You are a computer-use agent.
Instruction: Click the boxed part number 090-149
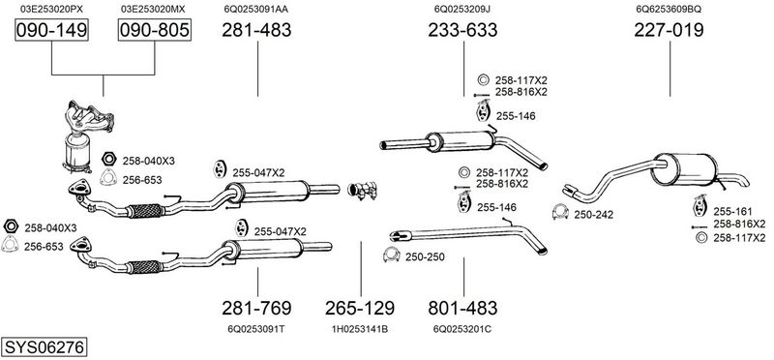pos(51,30)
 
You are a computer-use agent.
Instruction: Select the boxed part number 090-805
pos(154,30)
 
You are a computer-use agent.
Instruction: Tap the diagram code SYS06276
pos(44,347)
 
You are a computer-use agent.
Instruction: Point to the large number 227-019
pos(669,30)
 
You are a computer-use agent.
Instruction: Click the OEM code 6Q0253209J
pos(462,9)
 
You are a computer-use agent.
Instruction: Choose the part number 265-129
pos(359,308)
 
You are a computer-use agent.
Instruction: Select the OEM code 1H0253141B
pos(359,329)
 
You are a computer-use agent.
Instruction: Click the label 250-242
pos(593,215)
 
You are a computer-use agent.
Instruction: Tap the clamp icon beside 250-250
pos(391,255)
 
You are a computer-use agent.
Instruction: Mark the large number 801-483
pos(462,308)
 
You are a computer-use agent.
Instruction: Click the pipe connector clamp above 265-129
pos(362,191)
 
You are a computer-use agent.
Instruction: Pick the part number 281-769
pos(256,308)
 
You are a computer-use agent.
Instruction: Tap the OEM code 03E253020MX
pos(153,9)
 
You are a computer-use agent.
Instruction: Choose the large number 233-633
pos(462,30)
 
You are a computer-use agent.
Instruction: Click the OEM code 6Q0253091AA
pos(256,9)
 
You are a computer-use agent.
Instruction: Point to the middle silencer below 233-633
pos(463,146)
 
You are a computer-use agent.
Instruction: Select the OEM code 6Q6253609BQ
pos(669,9)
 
